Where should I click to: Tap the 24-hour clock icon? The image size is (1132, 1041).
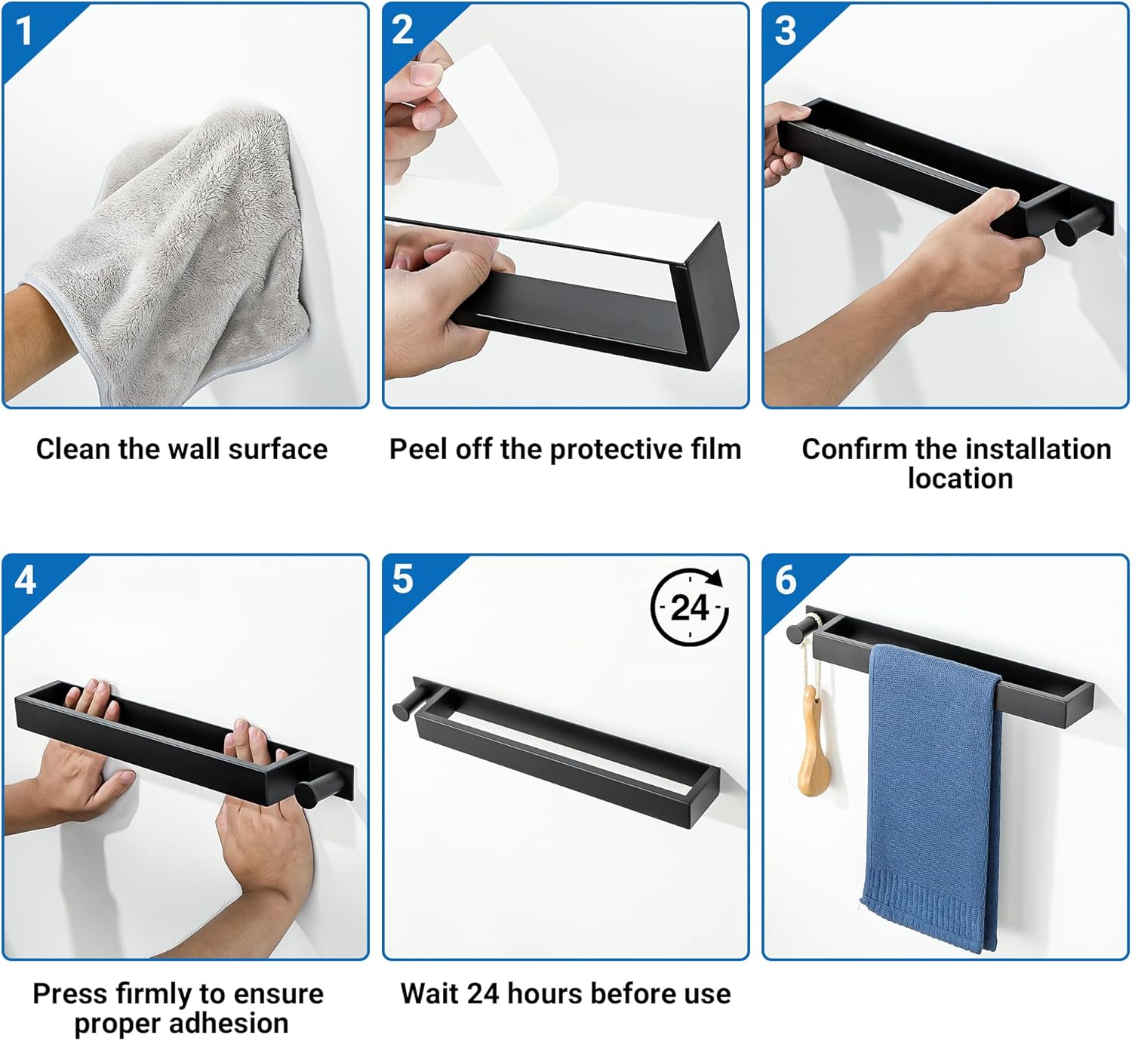pyautogui.click(x=689, y=607)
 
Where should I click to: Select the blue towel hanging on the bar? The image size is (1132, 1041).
pyautogui.click(x=931, y=796)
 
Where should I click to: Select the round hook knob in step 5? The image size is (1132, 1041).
pyautogui.click(x=408, y=706)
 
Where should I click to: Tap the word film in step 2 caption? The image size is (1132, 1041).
pyautogui.click(x=716, y=449)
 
